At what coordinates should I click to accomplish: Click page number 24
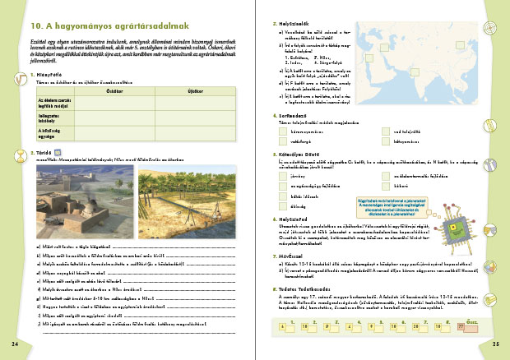coord(14,342)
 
